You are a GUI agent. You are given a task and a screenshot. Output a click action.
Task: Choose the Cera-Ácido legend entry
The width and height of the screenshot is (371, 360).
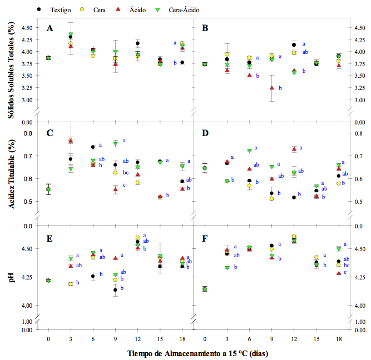(x=181, y=9)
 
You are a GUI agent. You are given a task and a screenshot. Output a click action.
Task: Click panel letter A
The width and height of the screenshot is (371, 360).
(x=50, y=28)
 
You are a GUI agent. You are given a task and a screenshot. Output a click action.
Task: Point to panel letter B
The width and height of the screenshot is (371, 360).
(x=206, y=28)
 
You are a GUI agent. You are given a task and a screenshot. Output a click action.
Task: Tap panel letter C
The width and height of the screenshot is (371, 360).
(x=50, y=133)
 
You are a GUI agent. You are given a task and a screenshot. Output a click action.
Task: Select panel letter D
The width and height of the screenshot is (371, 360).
(x=206, y=133)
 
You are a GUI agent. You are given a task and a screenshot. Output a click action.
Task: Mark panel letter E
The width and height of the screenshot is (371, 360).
(x=50, y=238)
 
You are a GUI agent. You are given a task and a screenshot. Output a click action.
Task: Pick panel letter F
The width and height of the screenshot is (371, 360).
(x=206, y=238)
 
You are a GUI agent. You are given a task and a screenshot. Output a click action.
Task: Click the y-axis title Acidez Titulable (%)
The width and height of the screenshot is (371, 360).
(x=11, y=173)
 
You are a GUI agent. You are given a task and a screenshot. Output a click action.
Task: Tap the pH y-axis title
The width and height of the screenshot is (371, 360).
(x=11, y=274)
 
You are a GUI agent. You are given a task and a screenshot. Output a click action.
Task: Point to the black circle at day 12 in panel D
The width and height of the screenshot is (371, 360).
(x=294, y=197)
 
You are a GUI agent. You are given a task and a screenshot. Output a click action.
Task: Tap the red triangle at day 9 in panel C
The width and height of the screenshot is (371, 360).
(x=116, y=189)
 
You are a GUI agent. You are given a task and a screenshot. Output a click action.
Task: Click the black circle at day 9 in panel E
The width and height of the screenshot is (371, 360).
(x=115, y=289)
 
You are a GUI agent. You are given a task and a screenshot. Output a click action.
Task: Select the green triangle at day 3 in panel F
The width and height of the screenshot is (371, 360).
(x=227, y=268)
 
